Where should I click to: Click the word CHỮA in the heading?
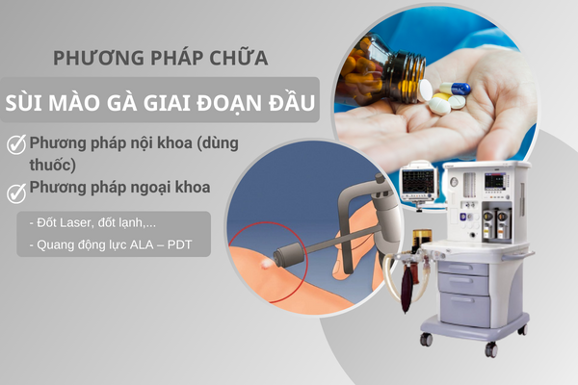coord(239,57)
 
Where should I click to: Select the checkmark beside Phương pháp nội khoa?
coord(16,144)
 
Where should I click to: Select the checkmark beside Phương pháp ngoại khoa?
coord(16,192)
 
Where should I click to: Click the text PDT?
coord(180,244)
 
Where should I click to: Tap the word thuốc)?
coord(52,165)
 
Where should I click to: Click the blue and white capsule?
coord(456,89)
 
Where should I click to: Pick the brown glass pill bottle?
coord(383,69)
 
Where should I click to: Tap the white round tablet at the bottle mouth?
coord(425,90)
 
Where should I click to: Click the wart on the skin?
coord(266,264)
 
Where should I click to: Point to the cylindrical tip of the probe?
coord(289,254)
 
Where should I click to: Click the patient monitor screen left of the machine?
coord(418,182)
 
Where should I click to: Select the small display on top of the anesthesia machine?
coord(493,181)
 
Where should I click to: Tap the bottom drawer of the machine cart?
coord(465,310)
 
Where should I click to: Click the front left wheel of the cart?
coord(426,339)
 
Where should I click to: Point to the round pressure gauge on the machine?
coord(454,182)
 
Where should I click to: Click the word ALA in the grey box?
coord(142,244)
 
